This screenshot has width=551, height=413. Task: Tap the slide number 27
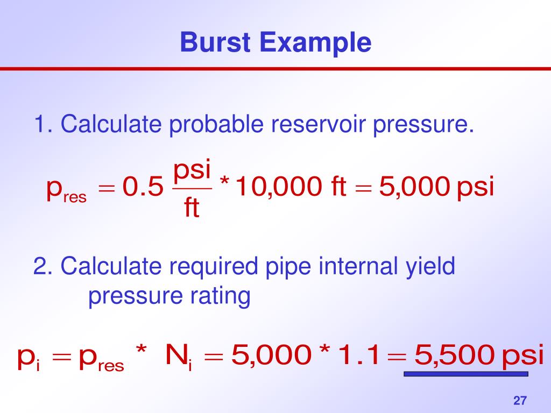(x=520, y=401)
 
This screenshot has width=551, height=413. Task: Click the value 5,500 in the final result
(x=453, y=355)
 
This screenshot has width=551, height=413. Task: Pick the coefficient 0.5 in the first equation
(x=142, y=188)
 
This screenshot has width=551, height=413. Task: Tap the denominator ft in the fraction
(x=192, y=208)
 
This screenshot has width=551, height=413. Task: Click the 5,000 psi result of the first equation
(x=436, y=188)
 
